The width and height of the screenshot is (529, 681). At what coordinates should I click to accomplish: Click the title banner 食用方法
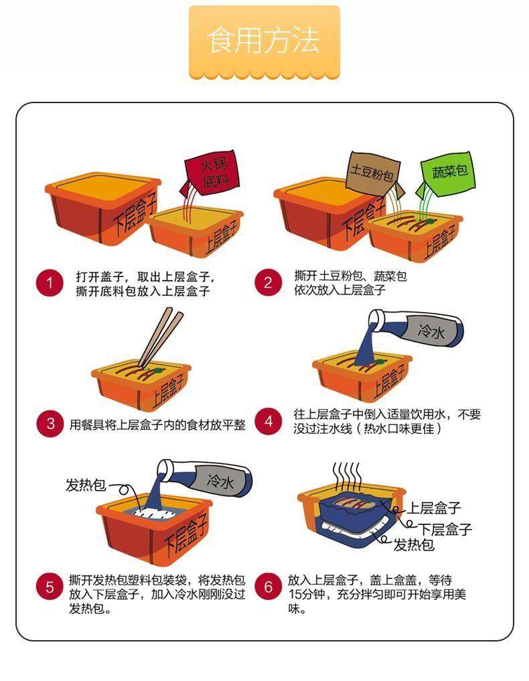tap(264, 42)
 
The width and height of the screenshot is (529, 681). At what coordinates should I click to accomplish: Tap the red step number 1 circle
tap(50, 283)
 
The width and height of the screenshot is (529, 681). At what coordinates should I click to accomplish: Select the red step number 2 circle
tap(268, 283)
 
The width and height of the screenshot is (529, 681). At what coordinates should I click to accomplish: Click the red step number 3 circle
tap(50, 423)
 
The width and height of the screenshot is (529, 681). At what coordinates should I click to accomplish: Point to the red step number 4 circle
tap(268, 421)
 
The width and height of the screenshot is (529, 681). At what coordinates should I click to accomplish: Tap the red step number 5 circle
tap(50, 587)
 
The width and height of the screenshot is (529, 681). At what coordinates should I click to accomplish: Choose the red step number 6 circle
tap(268, 587)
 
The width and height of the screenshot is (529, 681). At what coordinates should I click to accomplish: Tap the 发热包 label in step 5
tap(86, 484)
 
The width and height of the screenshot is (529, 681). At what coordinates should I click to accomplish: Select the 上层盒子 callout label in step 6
tap(434, 508)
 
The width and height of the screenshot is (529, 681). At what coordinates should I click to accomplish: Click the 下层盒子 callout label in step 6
tap(445, 528)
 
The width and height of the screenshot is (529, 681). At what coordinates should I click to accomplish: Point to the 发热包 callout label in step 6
tap(413, 544)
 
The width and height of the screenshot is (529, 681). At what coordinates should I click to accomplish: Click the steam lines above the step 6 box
tap(347, 477)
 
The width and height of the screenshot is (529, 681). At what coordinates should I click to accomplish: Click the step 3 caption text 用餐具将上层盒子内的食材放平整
tap(157, 424)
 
